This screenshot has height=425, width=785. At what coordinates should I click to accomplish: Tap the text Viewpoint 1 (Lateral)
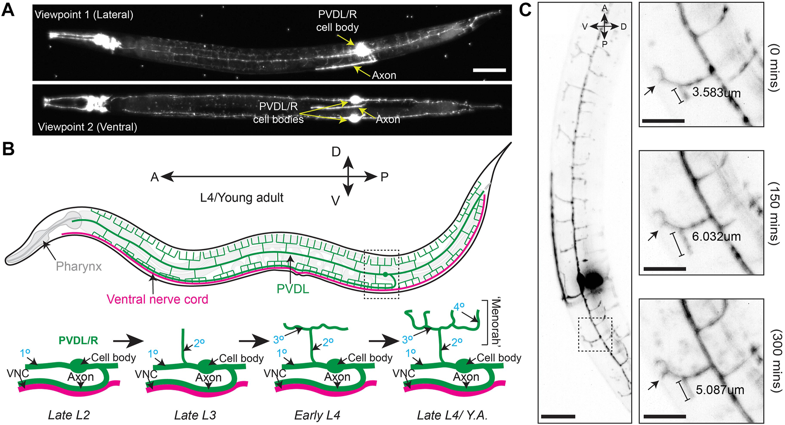[84, 15]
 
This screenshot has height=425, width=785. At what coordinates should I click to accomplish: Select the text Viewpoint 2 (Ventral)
[87, 127]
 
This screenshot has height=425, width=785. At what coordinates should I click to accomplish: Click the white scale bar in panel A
[489, 70]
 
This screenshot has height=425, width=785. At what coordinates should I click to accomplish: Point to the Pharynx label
[79, 266]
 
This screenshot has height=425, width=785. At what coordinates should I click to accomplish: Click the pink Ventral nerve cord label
[157, 299]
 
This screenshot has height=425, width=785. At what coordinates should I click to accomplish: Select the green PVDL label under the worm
[293, 289]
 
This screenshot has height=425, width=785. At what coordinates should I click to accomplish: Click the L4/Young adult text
[242, 198]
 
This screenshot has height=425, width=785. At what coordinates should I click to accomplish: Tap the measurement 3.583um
[716, 93]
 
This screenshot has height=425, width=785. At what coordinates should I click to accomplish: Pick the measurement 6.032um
[716, 236]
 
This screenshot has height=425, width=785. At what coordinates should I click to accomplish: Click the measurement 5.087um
[720, 390]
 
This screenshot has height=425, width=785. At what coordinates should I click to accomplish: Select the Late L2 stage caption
[69, 415]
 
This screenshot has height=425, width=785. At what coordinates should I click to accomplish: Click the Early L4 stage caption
[317, 415]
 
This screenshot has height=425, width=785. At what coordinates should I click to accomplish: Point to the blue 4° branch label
[459, 307]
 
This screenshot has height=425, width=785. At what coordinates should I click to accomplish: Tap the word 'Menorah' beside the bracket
[496, 321]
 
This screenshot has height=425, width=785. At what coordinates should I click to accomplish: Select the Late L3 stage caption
[195, 415]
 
